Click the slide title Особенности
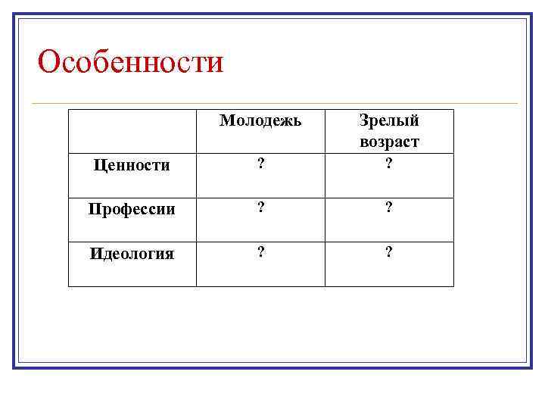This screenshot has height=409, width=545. [130, 62]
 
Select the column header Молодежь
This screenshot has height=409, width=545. [260, 120]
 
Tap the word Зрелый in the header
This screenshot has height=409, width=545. [389, 120]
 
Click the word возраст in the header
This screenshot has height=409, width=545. [389, 142]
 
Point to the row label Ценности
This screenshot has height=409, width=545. [130, 165]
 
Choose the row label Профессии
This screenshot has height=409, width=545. [132, 209]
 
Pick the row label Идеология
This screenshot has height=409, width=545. [132, 254]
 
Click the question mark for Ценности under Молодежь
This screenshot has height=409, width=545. [260, 165]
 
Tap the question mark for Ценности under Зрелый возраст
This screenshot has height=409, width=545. [389, 165]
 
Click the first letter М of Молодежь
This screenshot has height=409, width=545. [226, 120]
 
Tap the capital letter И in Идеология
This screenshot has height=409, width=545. [95, 254]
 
